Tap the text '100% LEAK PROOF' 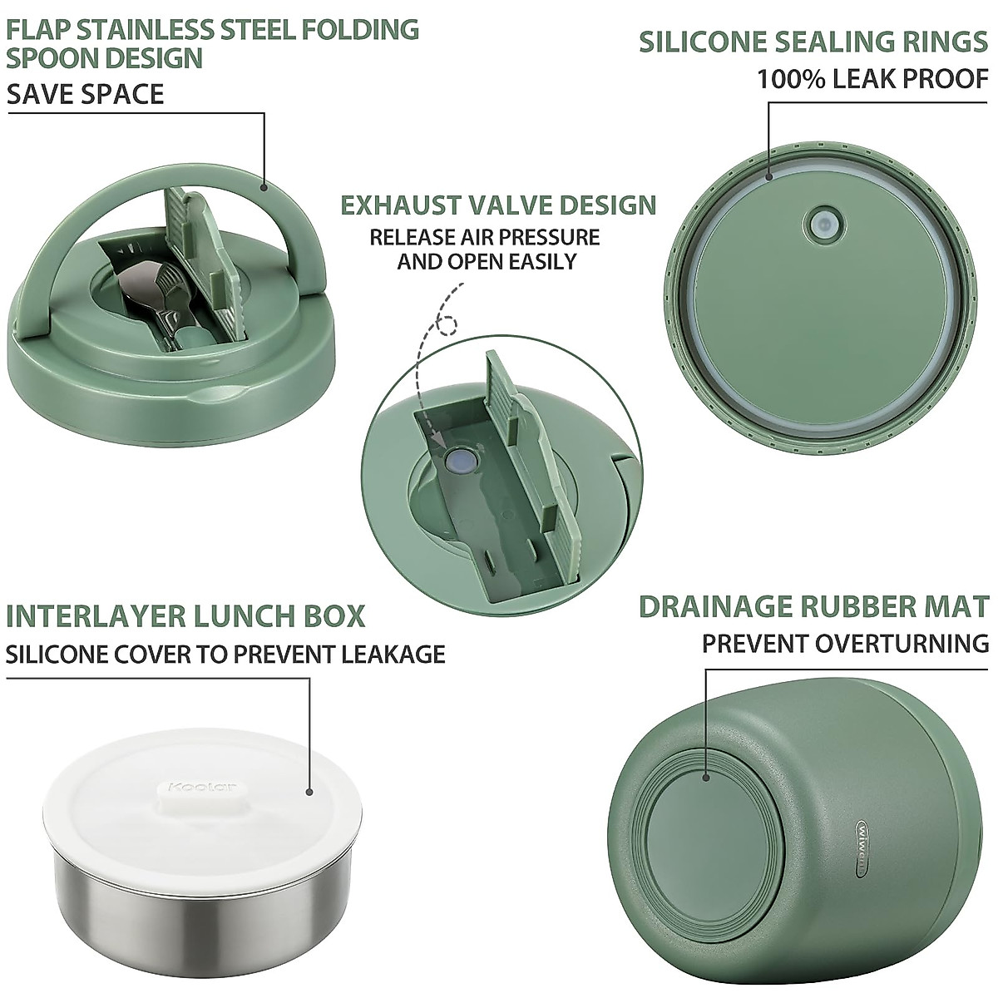pyautogui.click(x=872, y=79)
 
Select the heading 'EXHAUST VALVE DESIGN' pyautogui.click(x=498, y=205)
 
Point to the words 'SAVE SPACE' pyautogui.click(x=86, y=94)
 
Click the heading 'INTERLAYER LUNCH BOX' pyautogui.click(x=185, y=616)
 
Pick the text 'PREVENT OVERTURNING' pyautogui.click(x=845, y=643)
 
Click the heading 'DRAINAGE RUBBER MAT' pyautogui.click(x=813, y=606)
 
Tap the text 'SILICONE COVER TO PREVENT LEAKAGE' pyautogui.click(x=225, y=654)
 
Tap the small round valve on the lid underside pyautogui.click(x=823, y=223)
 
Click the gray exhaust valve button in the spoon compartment pyautogui.click(x=458, y=460)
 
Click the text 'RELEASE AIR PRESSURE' pyautogui.click(x=485, y=237)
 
